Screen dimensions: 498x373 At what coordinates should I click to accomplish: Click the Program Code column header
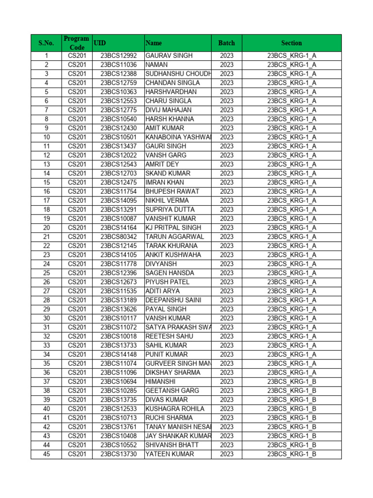coord(76,43)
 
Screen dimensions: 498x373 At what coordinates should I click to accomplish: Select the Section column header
coord(291,43)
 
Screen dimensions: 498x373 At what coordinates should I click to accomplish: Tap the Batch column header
coord(226,43)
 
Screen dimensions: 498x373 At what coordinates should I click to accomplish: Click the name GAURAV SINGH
coord(169,56)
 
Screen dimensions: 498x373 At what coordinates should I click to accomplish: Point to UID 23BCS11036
coord(119,65)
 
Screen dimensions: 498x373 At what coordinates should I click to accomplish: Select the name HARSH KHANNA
coord(170,119)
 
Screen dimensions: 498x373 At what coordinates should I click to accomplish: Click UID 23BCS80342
coord(119,237)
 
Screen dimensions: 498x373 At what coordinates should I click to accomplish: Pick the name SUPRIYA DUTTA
coord(170,210)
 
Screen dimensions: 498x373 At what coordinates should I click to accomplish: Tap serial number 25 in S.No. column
coord(46,273)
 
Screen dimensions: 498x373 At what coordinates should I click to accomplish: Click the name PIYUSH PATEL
coord(168,282)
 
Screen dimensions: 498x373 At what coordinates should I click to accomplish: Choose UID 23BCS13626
coord(119,309)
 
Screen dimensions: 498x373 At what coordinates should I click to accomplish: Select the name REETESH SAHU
coord(169,337)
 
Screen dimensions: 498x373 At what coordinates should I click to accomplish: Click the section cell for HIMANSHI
coord(291,382)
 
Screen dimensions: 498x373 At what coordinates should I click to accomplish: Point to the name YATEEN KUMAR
coord(169,454)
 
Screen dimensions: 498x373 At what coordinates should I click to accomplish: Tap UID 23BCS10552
coord(119,445)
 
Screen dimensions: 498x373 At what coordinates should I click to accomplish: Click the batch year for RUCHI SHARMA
coord(226,418)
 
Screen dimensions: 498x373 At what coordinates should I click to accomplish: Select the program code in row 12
coord(77,155)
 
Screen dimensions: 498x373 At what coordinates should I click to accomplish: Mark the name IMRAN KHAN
coord(165,182)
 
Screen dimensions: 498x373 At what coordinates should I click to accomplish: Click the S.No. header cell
coord(46,43)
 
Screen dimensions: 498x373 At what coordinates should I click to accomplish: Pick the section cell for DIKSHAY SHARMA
coord(291,373)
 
